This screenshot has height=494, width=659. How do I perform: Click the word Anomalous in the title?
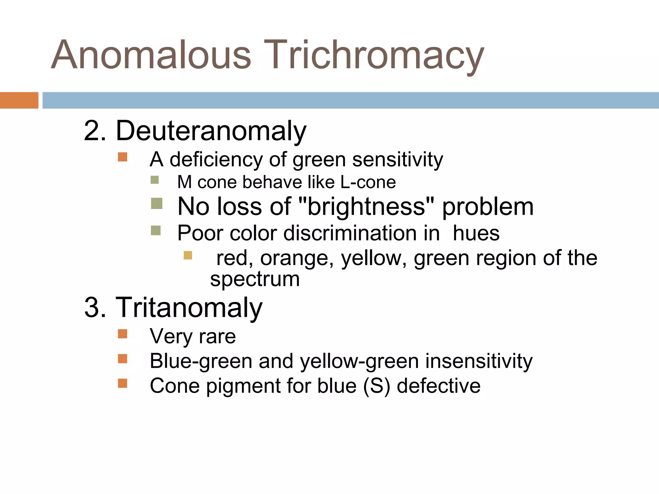pos(151,55)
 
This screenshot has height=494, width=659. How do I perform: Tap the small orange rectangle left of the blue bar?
pos(19,100)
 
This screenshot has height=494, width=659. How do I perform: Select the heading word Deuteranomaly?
pos(211,131)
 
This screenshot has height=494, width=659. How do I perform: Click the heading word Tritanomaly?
pos(189,307)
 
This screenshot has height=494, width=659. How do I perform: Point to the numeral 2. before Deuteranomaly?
pos(95,131)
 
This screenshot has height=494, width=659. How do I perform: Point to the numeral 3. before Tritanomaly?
pos(95,307)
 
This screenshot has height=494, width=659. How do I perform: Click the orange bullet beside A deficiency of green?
pos(123,157)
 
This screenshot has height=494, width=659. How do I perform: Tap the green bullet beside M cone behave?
pos(155,180)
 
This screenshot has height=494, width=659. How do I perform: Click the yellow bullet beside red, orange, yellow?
pos(188,255)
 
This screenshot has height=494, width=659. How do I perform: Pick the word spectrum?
pos(255,279)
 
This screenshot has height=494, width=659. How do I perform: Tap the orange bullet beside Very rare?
pos(123,334)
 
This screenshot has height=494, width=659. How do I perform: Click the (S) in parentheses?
pos(376,386)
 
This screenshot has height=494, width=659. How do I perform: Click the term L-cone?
pos(368,182)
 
